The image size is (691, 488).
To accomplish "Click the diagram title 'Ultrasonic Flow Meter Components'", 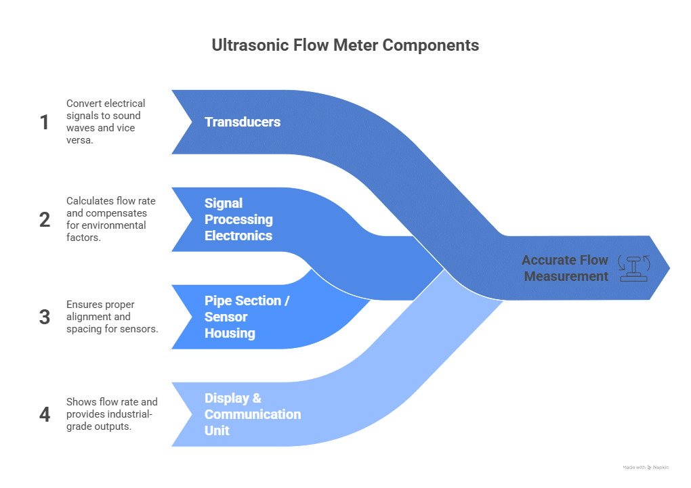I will point(345,45).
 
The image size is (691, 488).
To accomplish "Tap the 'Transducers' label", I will point(243,122).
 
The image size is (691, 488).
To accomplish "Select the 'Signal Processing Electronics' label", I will point(238,219).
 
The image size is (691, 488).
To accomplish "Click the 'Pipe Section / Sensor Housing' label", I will point(247,317).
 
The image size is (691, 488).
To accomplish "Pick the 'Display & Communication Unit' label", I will point(253,414).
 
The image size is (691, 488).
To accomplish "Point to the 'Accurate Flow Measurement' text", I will point(566,268).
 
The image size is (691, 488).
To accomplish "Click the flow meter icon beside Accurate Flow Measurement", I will point(635,268).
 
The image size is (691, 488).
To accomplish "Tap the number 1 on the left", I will point(45,123).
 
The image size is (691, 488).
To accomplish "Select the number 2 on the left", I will point(45,220).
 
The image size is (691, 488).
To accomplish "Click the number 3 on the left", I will point(45,317).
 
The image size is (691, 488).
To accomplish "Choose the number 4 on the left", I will point(45,414).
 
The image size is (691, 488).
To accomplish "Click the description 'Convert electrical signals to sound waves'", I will point(106,122).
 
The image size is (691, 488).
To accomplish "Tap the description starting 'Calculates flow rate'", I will point(106,219).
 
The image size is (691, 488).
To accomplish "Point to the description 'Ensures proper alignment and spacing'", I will point(111,317).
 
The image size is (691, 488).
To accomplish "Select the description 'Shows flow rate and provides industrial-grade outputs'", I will point(112,414).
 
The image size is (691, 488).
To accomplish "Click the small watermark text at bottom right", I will point(645,467).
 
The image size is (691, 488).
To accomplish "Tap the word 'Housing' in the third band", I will point(230,333).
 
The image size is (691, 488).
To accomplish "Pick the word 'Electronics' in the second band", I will point(238,236).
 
